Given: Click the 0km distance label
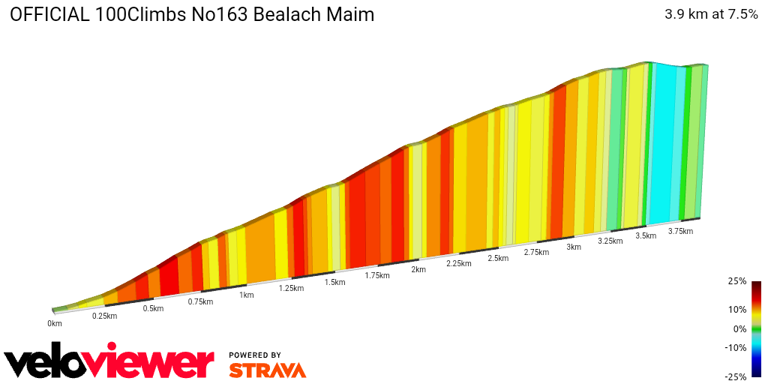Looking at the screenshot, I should (x=55, y=323).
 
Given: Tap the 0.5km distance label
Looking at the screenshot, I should (x=154, y=309).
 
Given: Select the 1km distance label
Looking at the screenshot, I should (x=247, y=295).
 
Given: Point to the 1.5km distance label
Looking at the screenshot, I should (x=334, y=282).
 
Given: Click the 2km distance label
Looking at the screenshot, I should (x=418, y=269).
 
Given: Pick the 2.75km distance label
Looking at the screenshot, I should (x=536, y=252).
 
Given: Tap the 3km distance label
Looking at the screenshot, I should (x=574, y=247).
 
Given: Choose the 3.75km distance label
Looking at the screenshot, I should (x=680, y=231).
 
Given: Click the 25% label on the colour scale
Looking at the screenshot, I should (x=737, y=281).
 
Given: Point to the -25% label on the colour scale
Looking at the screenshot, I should (x=736, y=376).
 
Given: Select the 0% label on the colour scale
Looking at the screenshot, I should (x=739, y=328).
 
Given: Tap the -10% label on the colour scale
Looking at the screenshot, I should (x=736, y=347).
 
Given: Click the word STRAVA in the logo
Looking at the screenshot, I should (x=267, y=370).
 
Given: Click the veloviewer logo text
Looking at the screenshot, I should (x=109, y=362).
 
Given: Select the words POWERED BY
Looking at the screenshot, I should (x=255, y=355).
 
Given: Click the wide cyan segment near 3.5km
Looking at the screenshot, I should (x=662, y=142).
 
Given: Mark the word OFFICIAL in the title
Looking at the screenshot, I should (x=50, y=14).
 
